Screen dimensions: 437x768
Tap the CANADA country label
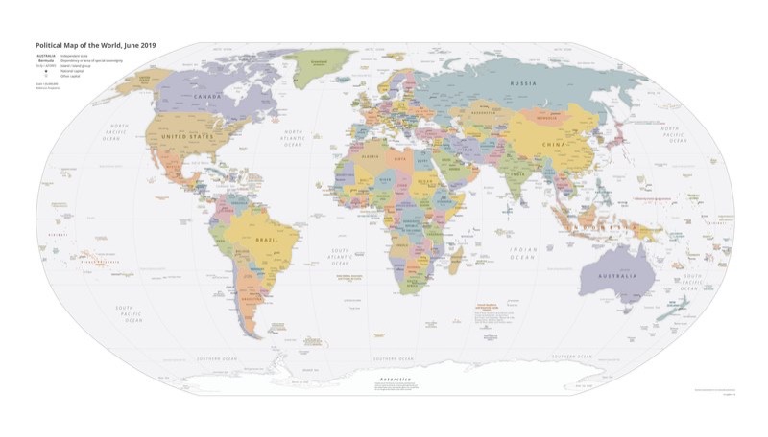tap(207, 97)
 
